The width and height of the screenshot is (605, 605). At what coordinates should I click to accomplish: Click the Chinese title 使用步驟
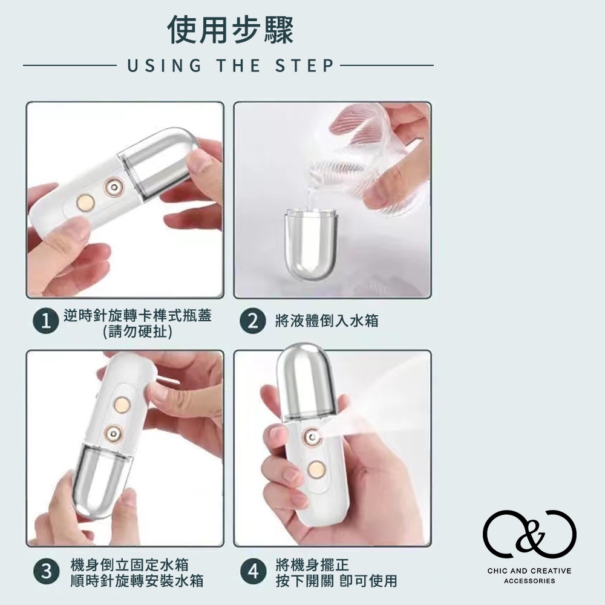pyautogui.click(x=231, y=30)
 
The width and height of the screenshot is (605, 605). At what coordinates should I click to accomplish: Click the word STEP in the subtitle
pyautogui.click(x=304, y=65)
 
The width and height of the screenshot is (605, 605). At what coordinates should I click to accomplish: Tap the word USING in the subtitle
pyautogui.click(x=165, y=65)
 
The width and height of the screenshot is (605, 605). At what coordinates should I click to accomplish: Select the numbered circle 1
pyautogui.click(x=45, y=321)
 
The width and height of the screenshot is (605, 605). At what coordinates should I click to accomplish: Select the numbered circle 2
pyautogui.click(x=253, y=321)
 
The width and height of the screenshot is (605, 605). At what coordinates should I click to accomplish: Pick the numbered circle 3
pyautogui.click(x=46, y=572)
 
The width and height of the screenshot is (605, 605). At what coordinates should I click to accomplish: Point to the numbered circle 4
pyautogui.click(x=253, y=572)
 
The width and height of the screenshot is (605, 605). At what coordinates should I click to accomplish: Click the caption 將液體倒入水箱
pyautogui.click(x=327, y=321)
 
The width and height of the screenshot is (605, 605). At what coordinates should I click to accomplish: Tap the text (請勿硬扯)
pyautogui.click(x=138, y=332)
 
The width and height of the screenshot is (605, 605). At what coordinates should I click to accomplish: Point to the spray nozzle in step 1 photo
pyautogui.click(x=114, y=188)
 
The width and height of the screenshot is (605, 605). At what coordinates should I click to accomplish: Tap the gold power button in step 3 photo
pyautogui.click(x=122, y=404)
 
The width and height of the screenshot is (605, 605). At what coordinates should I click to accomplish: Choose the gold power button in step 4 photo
pyautogui.click(x=316, y=469)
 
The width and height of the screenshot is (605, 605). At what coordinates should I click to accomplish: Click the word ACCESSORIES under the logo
pyautogui.click(x=529, y=581)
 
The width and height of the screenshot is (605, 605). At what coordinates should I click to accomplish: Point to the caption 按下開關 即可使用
pyautogui.click(x=336, y=581)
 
